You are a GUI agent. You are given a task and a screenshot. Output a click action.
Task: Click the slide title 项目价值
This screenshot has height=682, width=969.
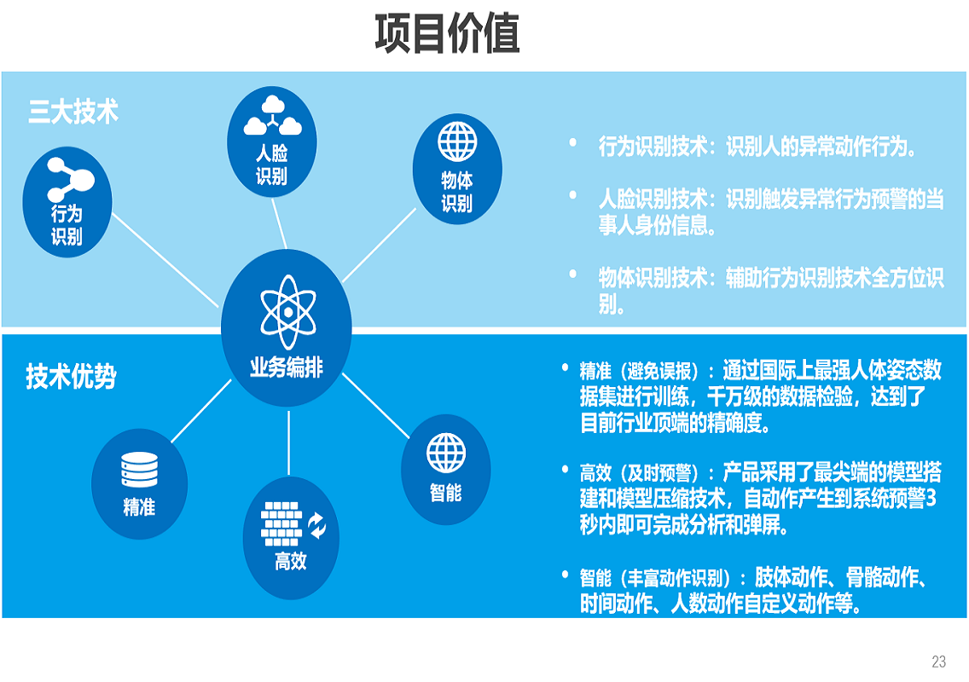pyautogui.click(x=447, y=35)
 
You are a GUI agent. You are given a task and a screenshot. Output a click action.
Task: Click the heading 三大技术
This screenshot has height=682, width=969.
pyautogui.click(x=73, y=113)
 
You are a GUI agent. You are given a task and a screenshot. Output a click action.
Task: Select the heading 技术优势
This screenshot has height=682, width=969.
pyautogui.click(x=71, y=377)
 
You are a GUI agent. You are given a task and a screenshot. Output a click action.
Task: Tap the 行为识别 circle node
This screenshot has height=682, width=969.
pyautogui.click(x=67, y=201)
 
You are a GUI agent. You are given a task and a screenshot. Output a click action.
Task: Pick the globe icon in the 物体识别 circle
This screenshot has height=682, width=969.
pyautogui.click(x=457, y=142)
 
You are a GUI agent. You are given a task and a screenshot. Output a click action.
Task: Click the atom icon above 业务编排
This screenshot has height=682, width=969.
pyautogui.click(x=287, y=312)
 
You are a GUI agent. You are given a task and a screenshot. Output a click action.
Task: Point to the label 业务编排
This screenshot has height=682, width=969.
pyautogui.click(x=287, y=369)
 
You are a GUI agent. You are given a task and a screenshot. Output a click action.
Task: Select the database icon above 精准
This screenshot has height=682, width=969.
pyautogui.click(x=139, y=470)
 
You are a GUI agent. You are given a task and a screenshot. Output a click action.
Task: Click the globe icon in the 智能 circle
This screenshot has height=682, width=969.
pyautogui.click(x=446, y=454)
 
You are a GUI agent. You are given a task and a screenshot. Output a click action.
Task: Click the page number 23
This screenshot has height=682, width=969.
pyautogui.click(x=938, y=662)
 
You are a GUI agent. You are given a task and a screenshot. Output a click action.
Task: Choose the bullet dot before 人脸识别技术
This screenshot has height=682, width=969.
pyautogui.click(x=573, y=195)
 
